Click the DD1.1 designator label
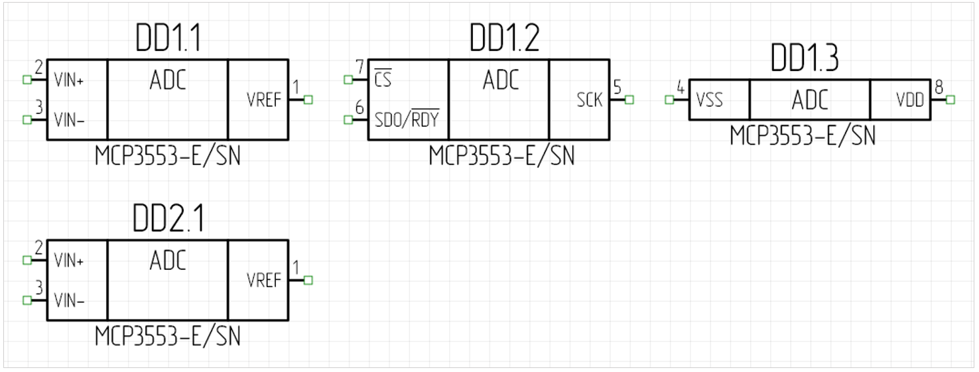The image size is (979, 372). coord(167,40)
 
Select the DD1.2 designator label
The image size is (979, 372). coord(504,40)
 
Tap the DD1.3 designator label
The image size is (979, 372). coord(805,59)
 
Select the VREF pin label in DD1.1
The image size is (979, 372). coord(264,100)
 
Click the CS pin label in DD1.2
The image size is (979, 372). coord(383,80)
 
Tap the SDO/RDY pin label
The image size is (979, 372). coord(407,120)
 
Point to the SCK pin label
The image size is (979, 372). coord(590,100)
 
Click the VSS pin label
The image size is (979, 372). coord(709,100)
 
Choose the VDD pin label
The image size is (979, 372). coord(910,100)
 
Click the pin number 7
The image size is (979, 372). coord(359,68)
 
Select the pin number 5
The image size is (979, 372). coord(617,88)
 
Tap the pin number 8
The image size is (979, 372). coord(939,87)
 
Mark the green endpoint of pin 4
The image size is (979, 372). coord(669,100)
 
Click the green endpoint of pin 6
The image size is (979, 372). coord(348,120)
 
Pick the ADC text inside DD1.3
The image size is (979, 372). coord(810,100)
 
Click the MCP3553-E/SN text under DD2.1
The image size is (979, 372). coord(167,336)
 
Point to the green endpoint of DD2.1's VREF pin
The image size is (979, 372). coord(308,280)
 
